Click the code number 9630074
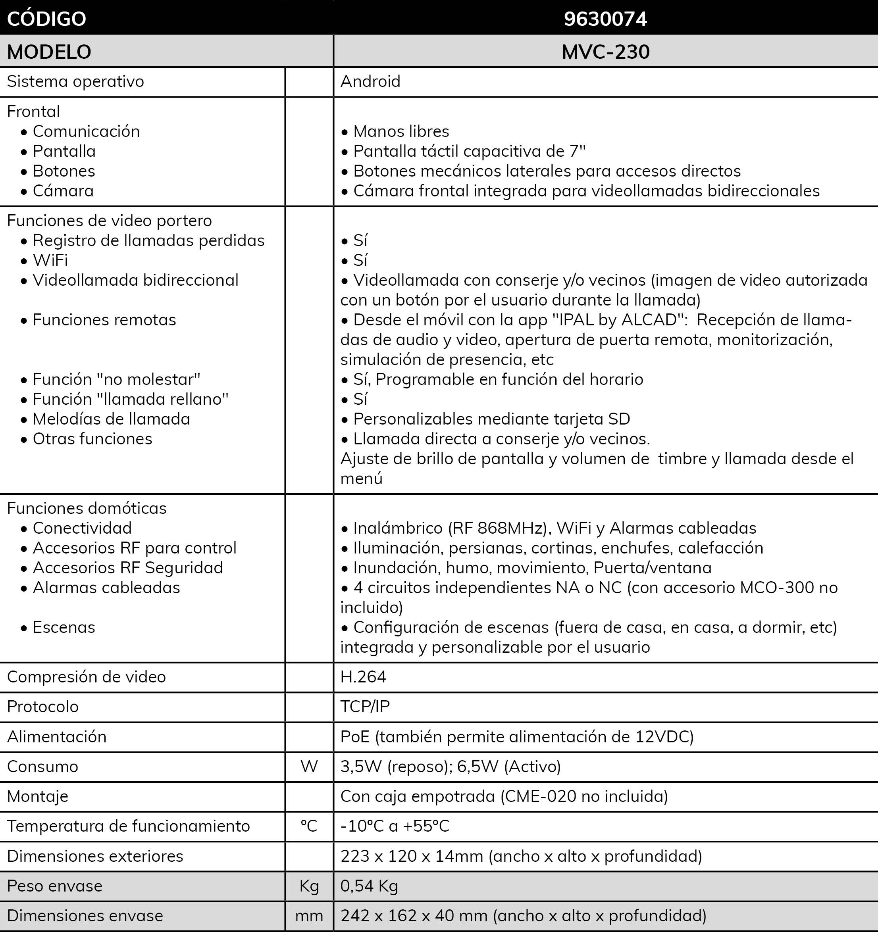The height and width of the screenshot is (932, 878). [x=605, y=19]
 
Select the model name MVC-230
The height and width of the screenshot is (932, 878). [x=605, y=52]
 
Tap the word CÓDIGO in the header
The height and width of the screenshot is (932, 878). [x=46, y=19]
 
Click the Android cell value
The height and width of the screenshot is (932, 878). [x=370, y=82]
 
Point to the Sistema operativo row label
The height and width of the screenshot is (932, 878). [x=75, y=82]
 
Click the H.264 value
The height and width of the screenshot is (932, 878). [x=363, y=676]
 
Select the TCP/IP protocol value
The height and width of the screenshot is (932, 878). [x=365, y=707]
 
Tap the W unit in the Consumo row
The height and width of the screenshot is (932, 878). [x=309, y=767]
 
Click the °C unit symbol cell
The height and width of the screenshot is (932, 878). [x=309, y=826]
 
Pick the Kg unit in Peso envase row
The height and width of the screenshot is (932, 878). [x=309, y=886]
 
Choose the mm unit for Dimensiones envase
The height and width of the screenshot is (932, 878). [x=309, y=916]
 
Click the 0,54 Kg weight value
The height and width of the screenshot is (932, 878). [x=369, y=886]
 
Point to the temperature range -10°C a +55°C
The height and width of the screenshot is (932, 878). [x=395, y=826]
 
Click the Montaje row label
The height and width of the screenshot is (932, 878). [x=38, y=797]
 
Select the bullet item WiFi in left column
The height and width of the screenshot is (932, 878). [x=50, y=260]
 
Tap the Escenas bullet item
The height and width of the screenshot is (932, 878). [x=64, y=627]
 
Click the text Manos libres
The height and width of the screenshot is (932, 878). [x=401, y=131]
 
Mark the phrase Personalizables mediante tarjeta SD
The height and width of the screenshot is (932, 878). [x=491, y=419]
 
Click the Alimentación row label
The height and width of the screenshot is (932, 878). [x=57, y=736]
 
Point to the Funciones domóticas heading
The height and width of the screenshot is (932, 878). [x=87, y=508]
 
